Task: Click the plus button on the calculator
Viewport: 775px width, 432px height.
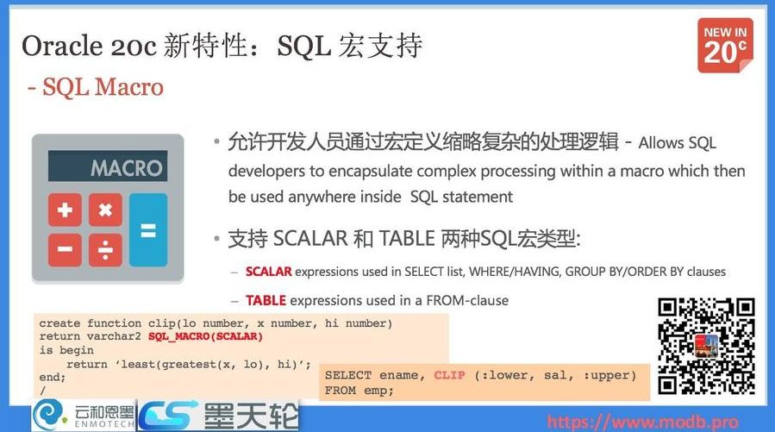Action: (65, 210)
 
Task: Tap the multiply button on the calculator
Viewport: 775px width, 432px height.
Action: (105, 210)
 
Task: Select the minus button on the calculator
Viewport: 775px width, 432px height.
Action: (65, 249)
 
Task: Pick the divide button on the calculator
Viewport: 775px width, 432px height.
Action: (105, 249)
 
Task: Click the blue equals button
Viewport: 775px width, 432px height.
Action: (148, 230)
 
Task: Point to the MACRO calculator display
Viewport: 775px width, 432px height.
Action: (108, 166)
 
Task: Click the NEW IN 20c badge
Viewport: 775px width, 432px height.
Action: (725, 46)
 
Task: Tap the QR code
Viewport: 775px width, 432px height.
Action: (706, 346)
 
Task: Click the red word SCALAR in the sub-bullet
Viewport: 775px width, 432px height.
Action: (268, 272)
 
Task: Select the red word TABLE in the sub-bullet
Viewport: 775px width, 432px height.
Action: (266, 301)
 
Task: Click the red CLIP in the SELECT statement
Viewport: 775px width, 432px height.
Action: (449, 375)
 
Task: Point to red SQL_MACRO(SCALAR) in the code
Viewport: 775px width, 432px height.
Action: (205, 336)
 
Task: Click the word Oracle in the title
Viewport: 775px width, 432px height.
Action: (62, 46)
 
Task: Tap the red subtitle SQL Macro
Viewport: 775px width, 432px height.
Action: (103, 87)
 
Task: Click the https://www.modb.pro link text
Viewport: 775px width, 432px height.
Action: (643, 423)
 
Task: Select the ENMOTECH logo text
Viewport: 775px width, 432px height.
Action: (103, 424)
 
